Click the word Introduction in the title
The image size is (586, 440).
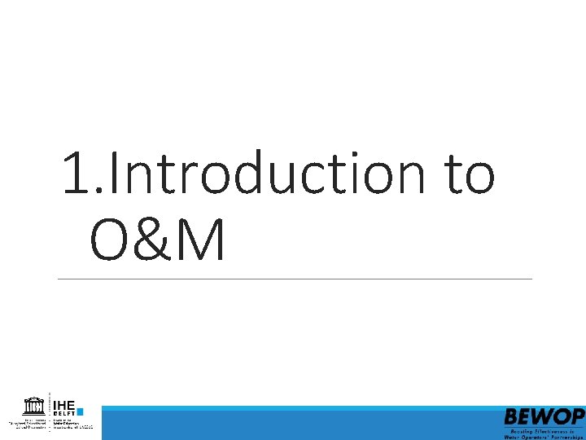(x=263, y=174)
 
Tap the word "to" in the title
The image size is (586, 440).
(x=466, y=174)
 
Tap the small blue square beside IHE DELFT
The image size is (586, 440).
(x=80, y=411)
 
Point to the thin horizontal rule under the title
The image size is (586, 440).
(x=293, y=279)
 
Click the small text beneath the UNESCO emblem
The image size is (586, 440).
(x=29, y=424)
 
